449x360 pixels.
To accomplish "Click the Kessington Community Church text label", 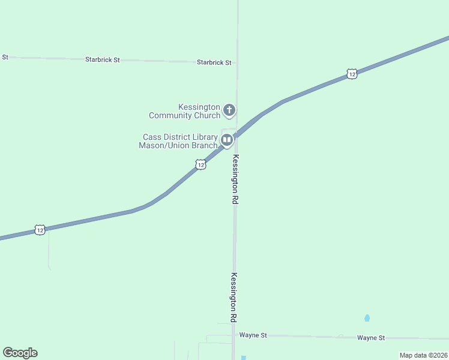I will pyautogui.click(x=184, y=111).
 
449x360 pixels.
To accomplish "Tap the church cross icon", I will pyautogui.click(x=229, y=110).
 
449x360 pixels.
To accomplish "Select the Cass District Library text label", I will pyautogui.click(x=178, y=141).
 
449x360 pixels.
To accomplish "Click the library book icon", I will pyautogui.click(x=227, y=140).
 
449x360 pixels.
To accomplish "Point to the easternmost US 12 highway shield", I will pyautogui.click(x=352, y=74).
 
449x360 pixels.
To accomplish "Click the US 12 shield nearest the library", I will pyautogui.click(x=200, y=164).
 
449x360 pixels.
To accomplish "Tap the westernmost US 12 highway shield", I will pyautogui.click(x=40, y=230).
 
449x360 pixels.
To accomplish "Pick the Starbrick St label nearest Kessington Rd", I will pyautogui.click(x=214, y=62).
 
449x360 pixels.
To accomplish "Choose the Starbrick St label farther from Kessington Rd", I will pyautogui.click(x=103, y=60).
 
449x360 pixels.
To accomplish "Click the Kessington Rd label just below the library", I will pyautogui.click(x=235, y=181).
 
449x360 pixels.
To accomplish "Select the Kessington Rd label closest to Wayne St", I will pyautogui.click(x=234, y=298).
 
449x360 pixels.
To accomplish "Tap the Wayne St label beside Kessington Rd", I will pyautogui.click(x=253, y=335).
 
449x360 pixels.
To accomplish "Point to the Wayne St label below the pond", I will pyautogui.click(x=370, y=338).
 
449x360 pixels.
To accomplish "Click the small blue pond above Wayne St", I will pyautogui.click(x=367, y=318).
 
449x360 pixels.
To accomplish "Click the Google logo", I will pyautogui.click(x=20, y=353).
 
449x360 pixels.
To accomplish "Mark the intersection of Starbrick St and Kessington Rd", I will pyautogui.click(x=237, y=62).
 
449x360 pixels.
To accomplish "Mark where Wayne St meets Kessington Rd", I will pyautogui.click(x=234, y=335).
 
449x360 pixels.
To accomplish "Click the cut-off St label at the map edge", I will pyautogui.click(x=5, y=57).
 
